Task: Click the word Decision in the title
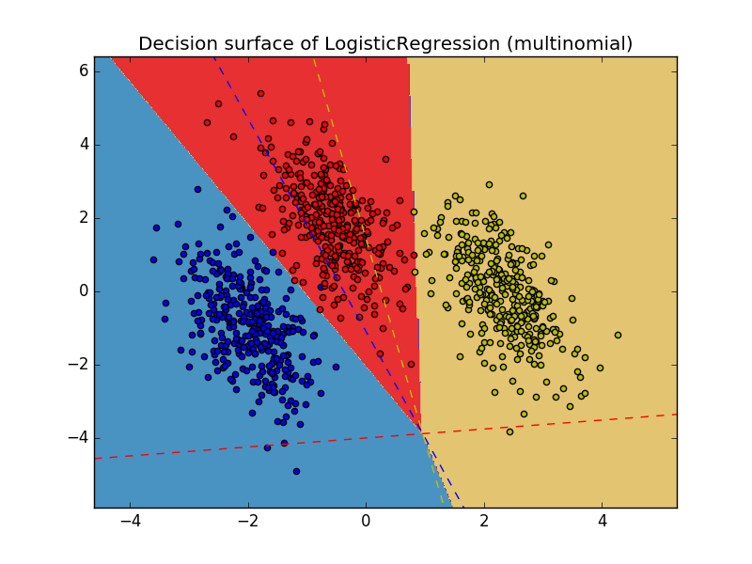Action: pyautogui.click(x=173, y=44)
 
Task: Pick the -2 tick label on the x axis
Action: pyautogui.click(x=247, y=522)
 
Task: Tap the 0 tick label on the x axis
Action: pyautogui.click(x=366, y=522)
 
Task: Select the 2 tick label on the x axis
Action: pyautogui.click(x=484, y=522)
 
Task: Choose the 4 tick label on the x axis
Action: pyautogui.click(x=603, y=522)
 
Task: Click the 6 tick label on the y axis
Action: pyautogui.click(x=83, y=70)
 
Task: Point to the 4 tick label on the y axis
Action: pyautogui.click(x=83, y=144)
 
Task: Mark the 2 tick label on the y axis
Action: pyautogui.click(x=83, y=217)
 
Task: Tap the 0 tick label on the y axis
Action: pyautogui.click(x=83, y=290)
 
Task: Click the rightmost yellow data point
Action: pyautogui.click(x=618, y=335)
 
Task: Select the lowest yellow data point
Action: pyautogui.click(x=509, y=431)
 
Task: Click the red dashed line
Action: pyautogui.click(x=564, y=423)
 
